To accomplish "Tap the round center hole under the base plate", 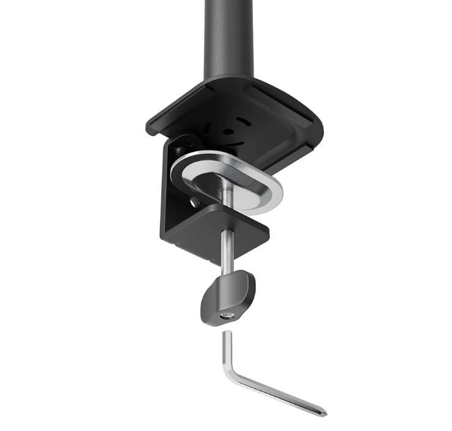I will [228, 131].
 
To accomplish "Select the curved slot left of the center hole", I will [208, 130].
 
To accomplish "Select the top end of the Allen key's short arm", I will [227, 334].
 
